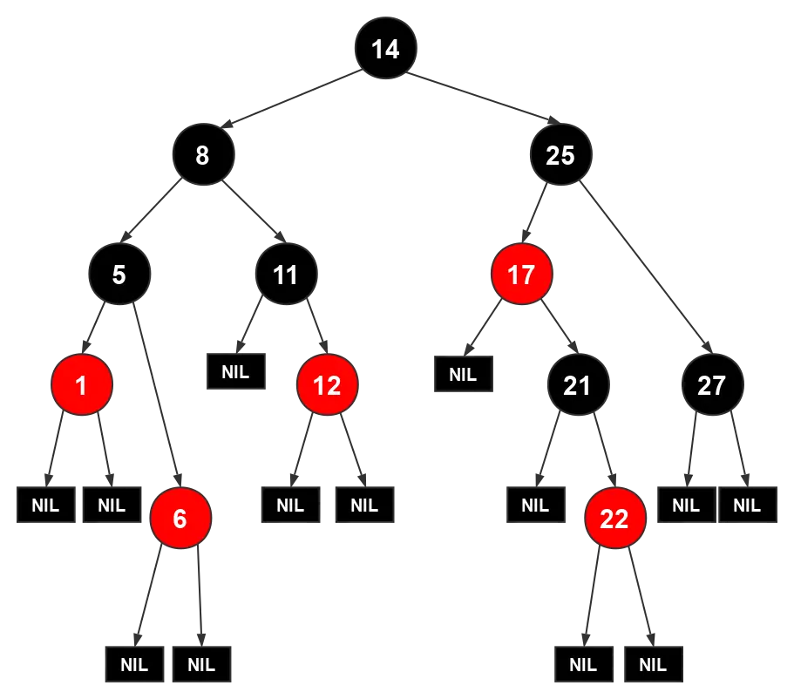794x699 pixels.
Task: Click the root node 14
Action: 385,49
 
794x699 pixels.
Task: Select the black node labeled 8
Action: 202,155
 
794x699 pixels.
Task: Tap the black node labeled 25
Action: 560,155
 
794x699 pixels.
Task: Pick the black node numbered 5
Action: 119,275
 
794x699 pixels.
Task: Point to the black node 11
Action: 286,275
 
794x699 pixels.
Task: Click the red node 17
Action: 521,275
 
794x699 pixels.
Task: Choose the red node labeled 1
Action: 82,384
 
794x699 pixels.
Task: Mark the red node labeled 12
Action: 327,384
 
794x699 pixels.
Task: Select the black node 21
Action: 577,384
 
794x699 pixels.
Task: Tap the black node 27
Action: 712,384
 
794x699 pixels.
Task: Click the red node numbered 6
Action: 180,519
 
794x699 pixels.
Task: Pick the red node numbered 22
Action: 614,519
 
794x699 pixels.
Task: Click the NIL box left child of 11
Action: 235,371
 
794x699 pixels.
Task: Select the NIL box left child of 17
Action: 463,375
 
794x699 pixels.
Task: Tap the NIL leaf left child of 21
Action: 535,505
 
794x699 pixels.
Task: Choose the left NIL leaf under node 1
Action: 45,505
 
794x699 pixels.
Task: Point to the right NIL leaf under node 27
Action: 747,505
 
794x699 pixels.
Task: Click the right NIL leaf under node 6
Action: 201,665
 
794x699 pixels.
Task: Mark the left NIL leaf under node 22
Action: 583,665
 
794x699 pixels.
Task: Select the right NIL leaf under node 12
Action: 364,505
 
